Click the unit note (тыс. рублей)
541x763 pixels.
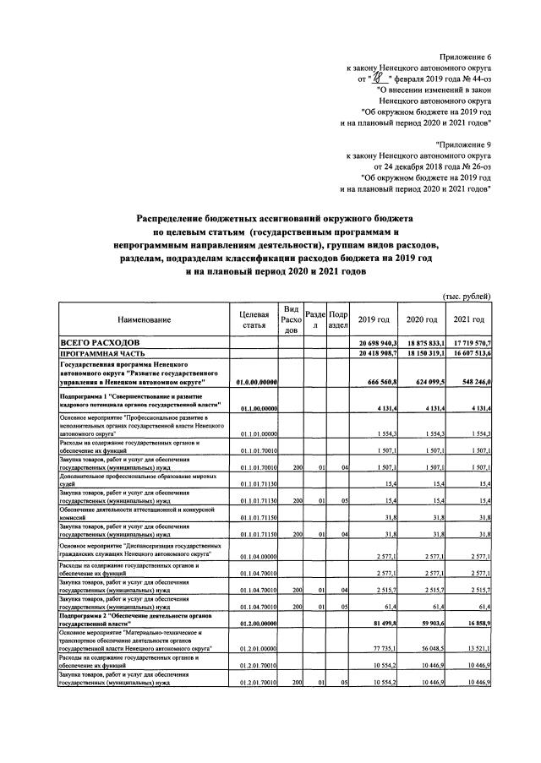pyautogui.click(x=467, y=296)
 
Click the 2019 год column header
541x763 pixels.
pyautogui.click(x=374, y=319)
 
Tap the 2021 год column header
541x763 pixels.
pyautogui.click(x=468, y=319)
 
